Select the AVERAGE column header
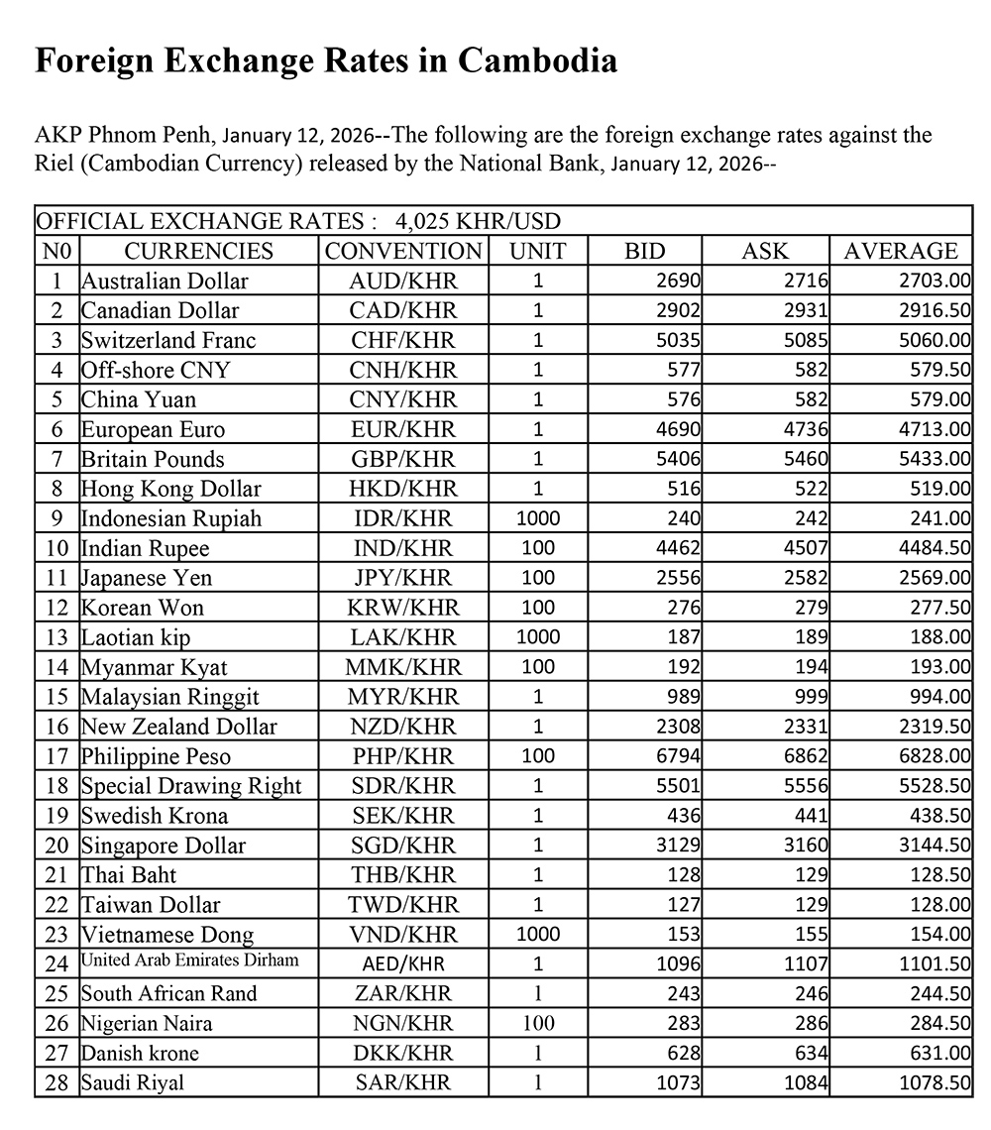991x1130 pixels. click(x=901, y=251)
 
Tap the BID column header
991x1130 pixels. click(x=644, y=251)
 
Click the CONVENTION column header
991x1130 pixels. click(x=403, y=251)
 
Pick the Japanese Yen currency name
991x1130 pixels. click(x=147, y=578)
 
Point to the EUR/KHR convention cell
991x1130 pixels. click(x=403, y=429)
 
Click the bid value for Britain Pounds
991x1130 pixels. click(x=680, y=459)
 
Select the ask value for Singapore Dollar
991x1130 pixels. click(x=806, y=846)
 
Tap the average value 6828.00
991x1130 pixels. click(x=938, y=756)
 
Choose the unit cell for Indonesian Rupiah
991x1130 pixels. click(x=538, y=518)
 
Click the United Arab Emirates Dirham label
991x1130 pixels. click(x=189, y=960)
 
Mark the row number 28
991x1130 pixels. click(x=57, y=1082)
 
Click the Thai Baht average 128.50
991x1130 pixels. click(x=942, y=875)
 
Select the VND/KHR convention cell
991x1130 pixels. click(x=403, y=935)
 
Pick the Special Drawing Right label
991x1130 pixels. click(x=191, y=786)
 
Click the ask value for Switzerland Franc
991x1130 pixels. click(x=806, y=340)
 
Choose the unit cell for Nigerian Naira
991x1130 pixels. click(x=538, y=1023)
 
